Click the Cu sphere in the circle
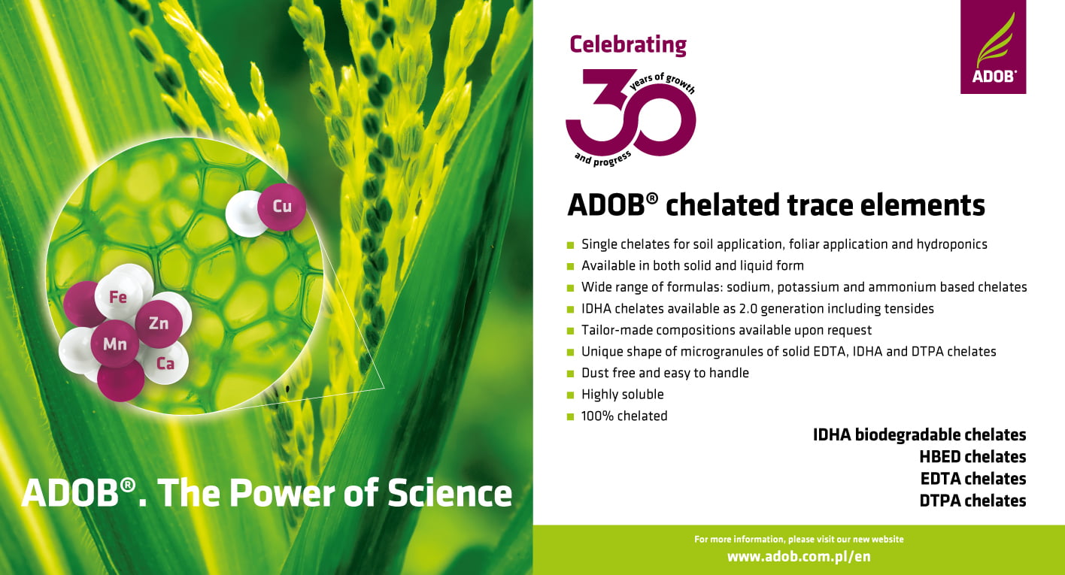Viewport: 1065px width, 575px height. [x=281, y=207]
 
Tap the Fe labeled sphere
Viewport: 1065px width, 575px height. [x=118, y=297]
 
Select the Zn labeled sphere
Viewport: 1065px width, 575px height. [x=159, y=324]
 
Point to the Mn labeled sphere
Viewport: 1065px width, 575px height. [x=115, y=343]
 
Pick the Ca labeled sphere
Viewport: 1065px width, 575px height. [x=166, y=364]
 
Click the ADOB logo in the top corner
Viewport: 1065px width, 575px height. [x=993, y=47]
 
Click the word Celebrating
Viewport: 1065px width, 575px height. [x=628, y=45]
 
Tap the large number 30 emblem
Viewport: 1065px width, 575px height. [x=630, y=113]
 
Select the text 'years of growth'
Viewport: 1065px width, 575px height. [x=662, y=82]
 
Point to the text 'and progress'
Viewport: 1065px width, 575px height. [x=602, y=159]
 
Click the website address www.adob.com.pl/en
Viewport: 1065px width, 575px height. [x=799, y=556]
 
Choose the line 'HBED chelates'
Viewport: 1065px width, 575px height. [x=972, y=457]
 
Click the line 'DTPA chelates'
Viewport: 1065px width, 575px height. [x=972, y=501]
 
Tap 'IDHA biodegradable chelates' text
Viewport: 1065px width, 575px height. [x=919, y=434]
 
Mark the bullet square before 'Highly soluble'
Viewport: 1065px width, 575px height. [x=571, y=395]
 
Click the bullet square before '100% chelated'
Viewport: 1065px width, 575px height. [x=571, y=417]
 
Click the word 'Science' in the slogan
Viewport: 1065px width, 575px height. [x=450, y=493]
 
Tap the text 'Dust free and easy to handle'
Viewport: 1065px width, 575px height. [x=665, y=373]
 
